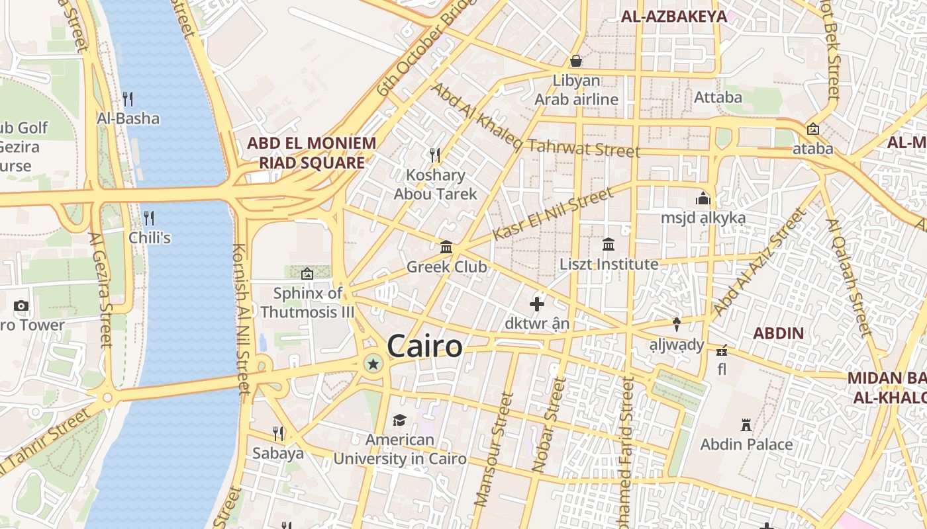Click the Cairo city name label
424,346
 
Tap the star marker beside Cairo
373,363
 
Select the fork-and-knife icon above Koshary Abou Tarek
435,155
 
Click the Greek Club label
446,267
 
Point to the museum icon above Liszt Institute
609,245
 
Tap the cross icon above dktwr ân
537,304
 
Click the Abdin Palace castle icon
746,425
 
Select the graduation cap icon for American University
399,421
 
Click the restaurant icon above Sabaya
278,434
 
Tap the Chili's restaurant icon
149,218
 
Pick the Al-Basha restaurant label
128,118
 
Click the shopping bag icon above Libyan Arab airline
576,61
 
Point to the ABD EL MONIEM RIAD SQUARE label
311,153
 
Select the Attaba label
718,98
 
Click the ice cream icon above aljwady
677,325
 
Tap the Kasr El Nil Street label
554,214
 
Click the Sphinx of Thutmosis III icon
307,273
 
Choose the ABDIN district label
778,333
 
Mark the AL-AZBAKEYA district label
674,17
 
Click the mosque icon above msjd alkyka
703,198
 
